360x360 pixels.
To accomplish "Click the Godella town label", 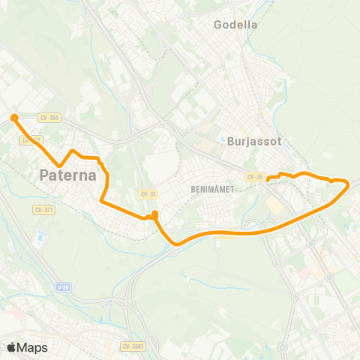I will tap(235, 24).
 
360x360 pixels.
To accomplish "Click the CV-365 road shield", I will tap(49, 116).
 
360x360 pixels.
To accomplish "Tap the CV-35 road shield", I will tap(254, 177).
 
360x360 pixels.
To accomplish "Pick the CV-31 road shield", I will tap(147, 193).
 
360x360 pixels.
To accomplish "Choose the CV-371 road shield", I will tap(44, 209).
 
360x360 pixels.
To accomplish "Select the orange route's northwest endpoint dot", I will tap(13, 116).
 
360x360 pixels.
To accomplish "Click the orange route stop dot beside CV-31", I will tap(154, 215).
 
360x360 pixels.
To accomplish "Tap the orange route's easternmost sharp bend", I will tap(348, 183).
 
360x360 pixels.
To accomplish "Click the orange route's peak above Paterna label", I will tap(73, 151).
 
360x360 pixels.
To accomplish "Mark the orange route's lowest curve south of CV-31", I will tap(176, 242).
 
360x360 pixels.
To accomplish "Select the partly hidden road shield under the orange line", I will tap(30, 139).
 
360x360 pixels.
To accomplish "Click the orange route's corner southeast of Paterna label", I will tap(102, 200).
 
